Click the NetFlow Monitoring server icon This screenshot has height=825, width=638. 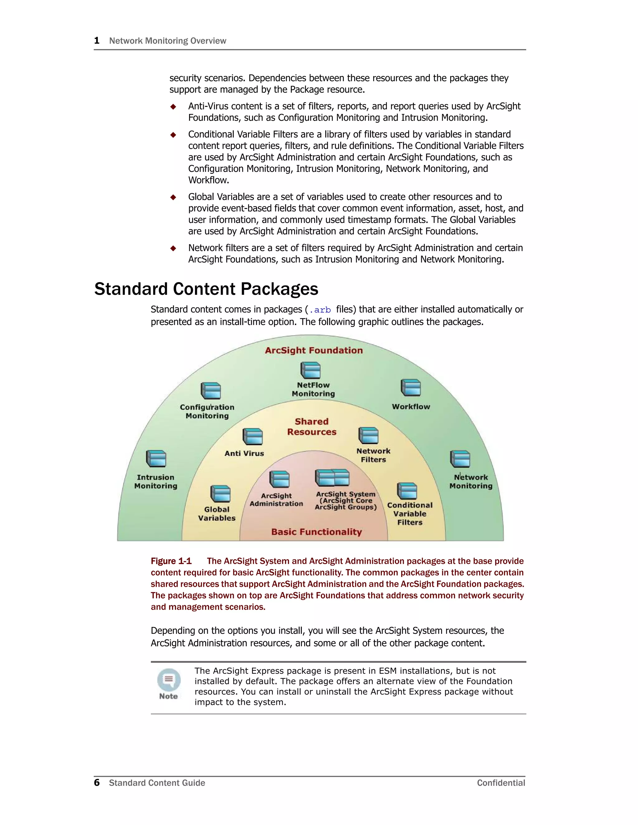point(310,370)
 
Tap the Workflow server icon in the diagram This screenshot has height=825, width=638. point(411,388)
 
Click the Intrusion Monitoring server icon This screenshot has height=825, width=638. point(156,459)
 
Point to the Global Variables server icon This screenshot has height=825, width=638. point(220,494)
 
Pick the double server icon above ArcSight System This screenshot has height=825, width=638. point(332,478)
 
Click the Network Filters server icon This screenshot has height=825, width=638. point(368,436)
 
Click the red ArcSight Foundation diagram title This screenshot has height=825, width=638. point(314,350)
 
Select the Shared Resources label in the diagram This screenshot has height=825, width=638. point(312,427)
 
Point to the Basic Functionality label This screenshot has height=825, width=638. point(317,532)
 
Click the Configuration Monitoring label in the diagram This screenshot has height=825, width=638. point(207,411)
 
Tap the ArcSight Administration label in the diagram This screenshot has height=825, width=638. point(276,499)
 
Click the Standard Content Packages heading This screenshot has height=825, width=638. point(206,289)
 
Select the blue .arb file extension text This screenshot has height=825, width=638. point(320,310)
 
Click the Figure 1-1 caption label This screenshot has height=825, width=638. point(171,561)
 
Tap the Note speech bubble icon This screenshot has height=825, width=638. point(169,680)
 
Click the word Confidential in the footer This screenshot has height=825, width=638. point(501,783)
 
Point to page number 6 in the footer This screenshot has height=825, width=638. point(97,782)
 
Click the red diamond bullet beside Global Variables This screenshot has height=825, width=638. point(173,197)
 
